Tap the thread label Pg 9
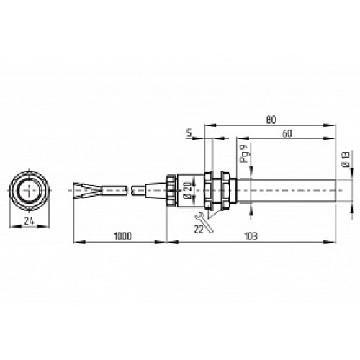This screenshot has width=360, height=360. click(245, 153)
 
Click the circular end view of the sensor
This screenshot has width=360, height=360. click(30, 190)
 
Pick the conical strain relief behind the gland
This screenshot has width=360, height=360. click(151, 190)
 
